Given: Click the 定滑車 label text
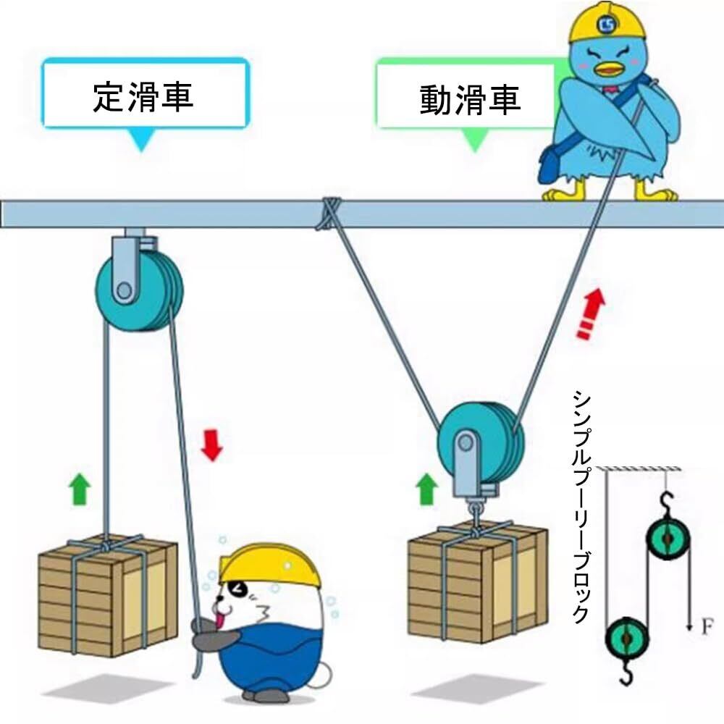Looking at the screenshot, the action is point(143,97).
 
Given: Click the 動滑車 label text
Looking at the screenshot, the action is point(470,99).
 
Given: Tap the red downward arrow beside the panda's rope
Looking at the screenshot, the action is point(212,445).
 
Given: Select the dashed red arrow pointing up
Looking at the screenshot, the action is point(591,313).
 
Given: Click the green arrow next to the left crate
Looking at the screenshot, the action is point(80,489).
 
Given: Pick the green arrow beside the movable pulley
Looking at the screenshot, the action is point(426,489).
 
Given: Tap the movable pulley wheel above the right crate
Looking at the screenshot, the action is point(481,443).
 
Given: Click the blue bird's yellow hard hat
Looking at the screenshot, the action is point(607,23).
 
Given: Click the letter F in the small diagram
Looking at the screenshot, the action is point(707,627).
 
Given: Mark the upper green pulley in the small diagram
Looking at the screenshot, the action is point(668,539).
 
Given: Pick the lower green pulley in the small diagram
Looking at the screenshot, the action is point(626,638).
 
